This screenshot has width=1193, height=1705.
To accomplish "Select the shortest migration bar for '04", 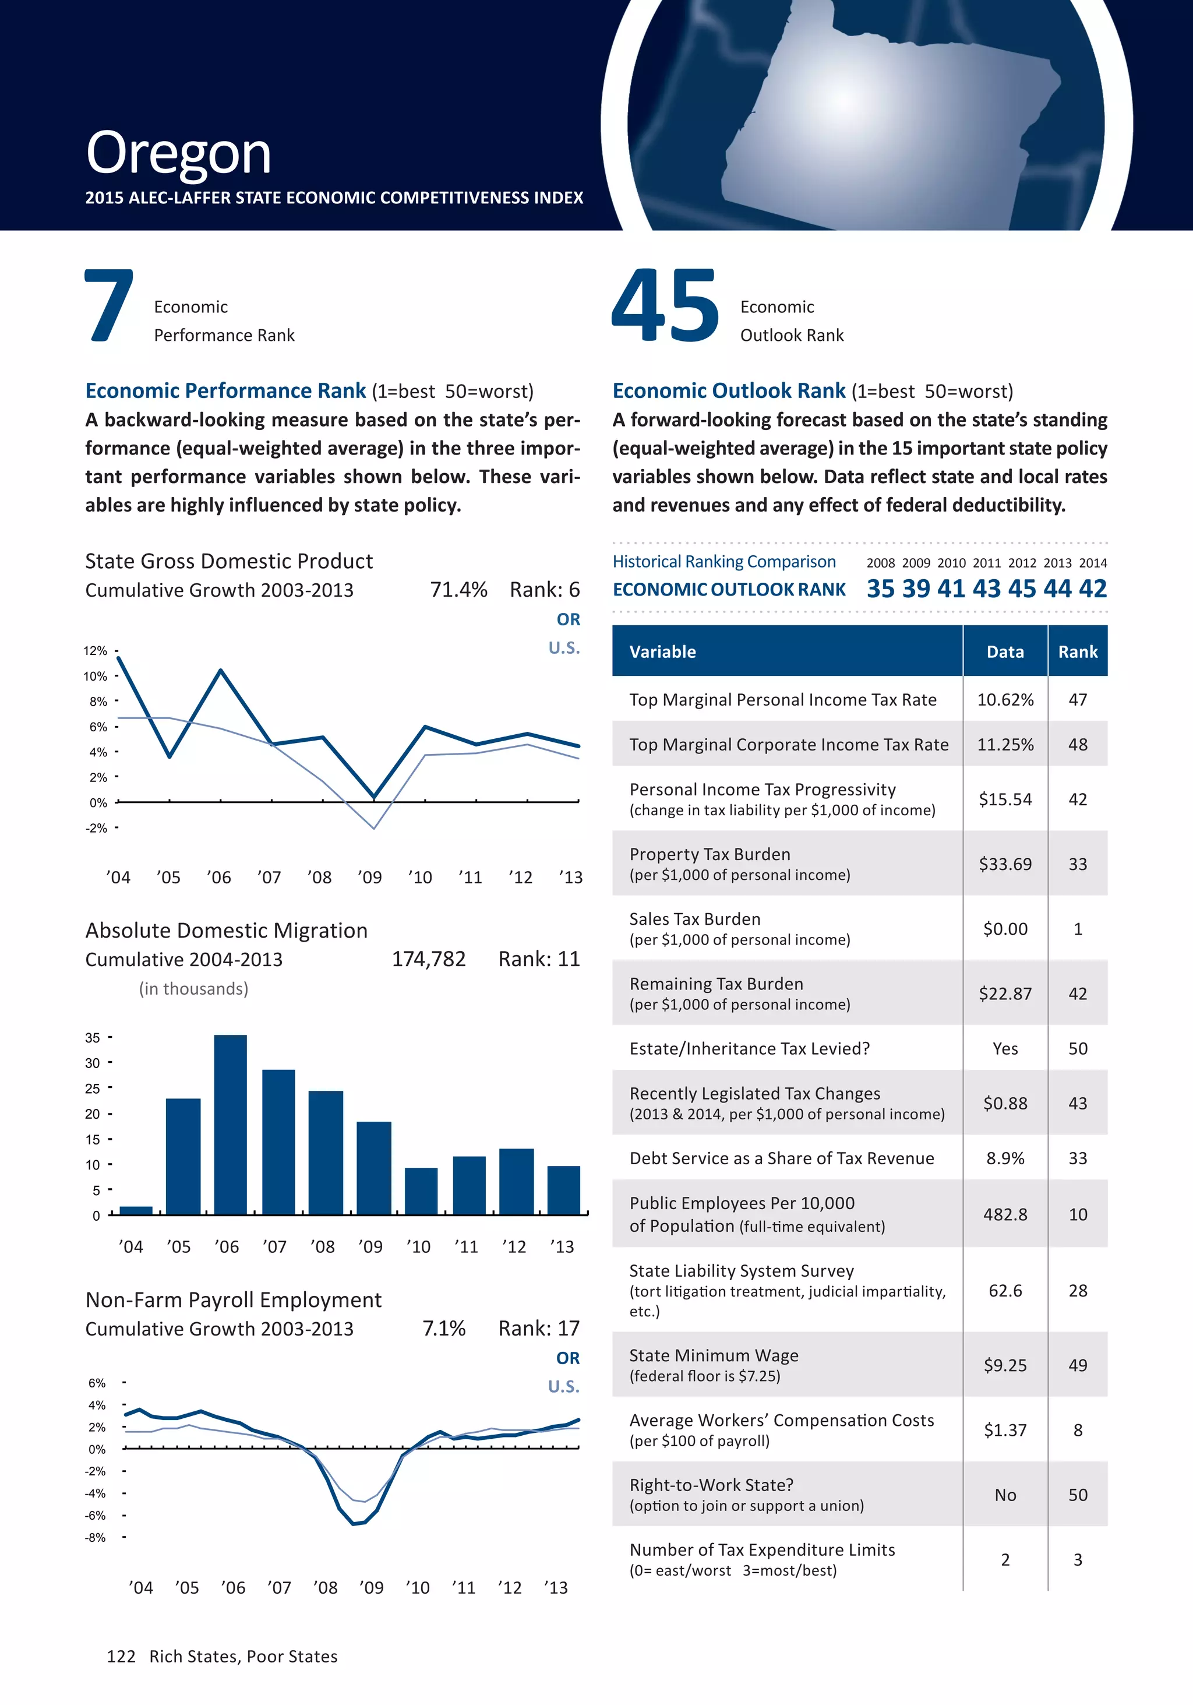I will [x=136, y=1210].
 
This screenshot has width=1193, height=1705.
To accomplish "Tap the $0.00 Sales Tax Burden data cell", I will [x=1005, y=929].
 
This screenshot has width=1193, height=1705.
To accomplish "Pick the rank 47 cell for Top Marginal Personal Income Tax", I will [x=1077, y=699].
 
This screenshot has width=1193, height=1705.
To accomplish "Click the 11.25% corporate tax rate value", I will [x=1005, y=745].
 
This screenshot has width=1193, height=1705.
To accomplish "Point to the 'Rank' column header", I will [x=1077, y=652].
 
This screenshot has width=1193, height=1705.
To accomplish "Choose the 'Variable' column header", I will [x=663, y=652].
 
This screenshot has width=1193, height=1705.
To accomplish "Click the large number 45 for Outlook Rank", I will [x=665, y=307].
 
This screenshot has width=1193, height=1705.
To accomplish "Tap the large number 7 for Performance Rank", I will [x=109, y=307].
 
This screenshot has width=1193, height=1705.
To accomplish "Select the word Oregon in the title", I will [x=178, y=153].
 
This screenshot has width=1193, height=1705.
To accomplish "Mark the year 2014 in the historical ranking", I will [x=1093, y=563].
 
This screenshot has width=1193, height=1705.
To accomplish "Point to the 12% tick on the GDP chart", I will [x=96, y=650].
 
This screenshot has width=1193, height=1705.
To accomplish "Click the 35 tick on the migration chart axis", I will [x=93, y=1037].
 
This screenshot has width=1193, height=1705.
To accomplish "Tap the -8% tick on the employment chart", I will [x=96, y=1537].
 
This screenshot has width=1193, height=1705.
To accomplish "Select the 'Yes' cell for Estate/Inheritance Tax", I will [x=1005, y=1048].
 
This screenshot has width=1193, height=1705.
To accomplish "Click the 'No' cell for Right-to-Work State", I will [x=1005, y=1495].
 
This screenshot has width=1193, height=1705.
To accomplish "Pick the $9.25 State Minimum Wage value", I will [x=1005, y=1365].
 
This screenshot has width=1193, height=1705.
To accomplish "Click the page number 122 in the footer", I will [x=121, y=1656].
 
